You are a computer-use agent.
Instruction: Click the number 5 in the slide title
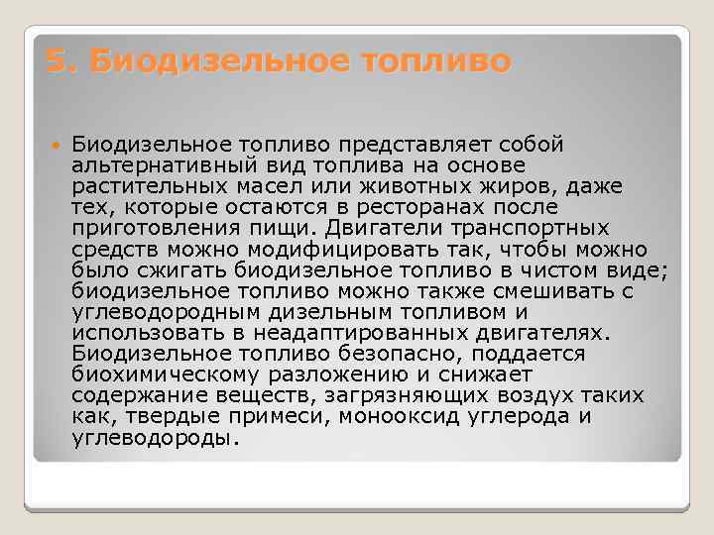pyautogui.click(x=57, y=62)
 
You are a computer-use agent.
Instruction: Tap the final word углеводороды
pyautogui.click(x=155, y=436)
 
